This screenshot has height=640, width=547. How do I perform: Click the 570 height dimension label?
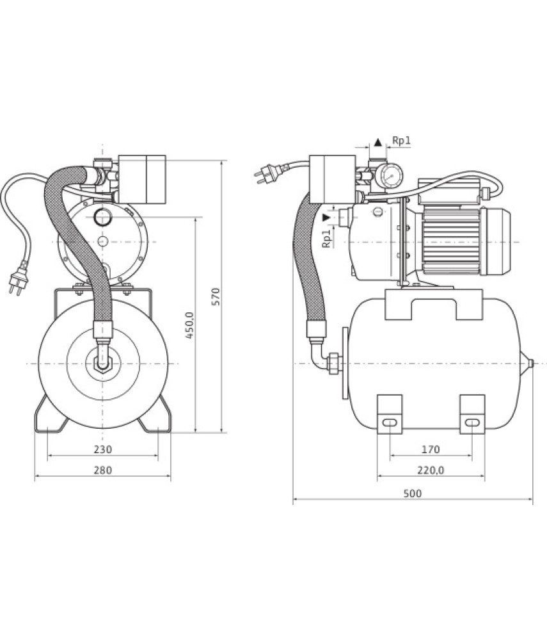pos(217,297)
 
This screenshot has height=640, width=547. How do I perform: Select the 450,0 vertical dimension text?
pos(189,325)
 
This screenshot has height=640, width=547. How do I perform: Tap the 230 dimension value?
pos(103,449)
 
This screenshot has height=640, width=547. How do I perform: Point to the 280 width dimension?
pos(103,470)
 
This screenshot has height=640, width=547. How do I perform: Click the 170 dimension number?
pos(431,449)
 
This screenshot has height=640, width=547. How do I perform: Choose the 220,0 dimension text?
pos(431,470)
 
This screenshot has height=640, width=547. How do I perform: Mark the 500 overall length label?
pos(413,493)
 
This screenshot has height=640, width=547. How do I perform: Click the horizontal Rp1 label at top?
pos(401,141)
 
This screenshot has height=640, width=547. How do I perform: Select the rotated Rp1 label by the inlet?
pos(326,239)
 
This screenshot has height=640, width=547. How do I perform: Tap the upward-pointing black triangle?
pos(377,143)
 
